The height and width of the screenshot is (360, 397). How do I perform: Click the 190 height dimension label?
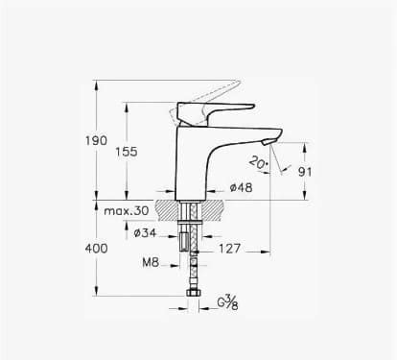click(x=96, y=140)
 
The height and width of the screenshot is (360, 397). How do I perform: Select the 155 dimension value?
click(x=127, y=152)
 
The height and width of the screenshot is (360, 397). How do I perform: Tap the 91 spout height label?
click(x=305, y=172)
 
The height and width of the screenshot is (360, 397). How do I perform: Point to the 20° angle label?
click(x=259, y=162)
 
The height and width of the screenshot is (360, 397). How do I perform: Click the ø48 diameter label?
click(x=242, y=187)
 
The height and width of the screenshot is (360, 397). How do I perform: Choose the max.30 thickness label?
click(x=127, y=210)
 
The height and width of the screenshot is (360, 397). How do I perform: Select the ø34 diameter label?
click(x=146, y=233)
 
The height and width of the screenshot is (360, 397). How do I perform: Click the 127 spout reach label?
click(x=229, y=249)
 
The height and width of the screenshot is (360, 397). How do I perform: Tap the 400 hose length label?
click(x=96, y=249)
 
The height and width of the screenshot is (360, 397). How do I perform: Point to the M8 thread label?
click(x=151, y=263)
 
